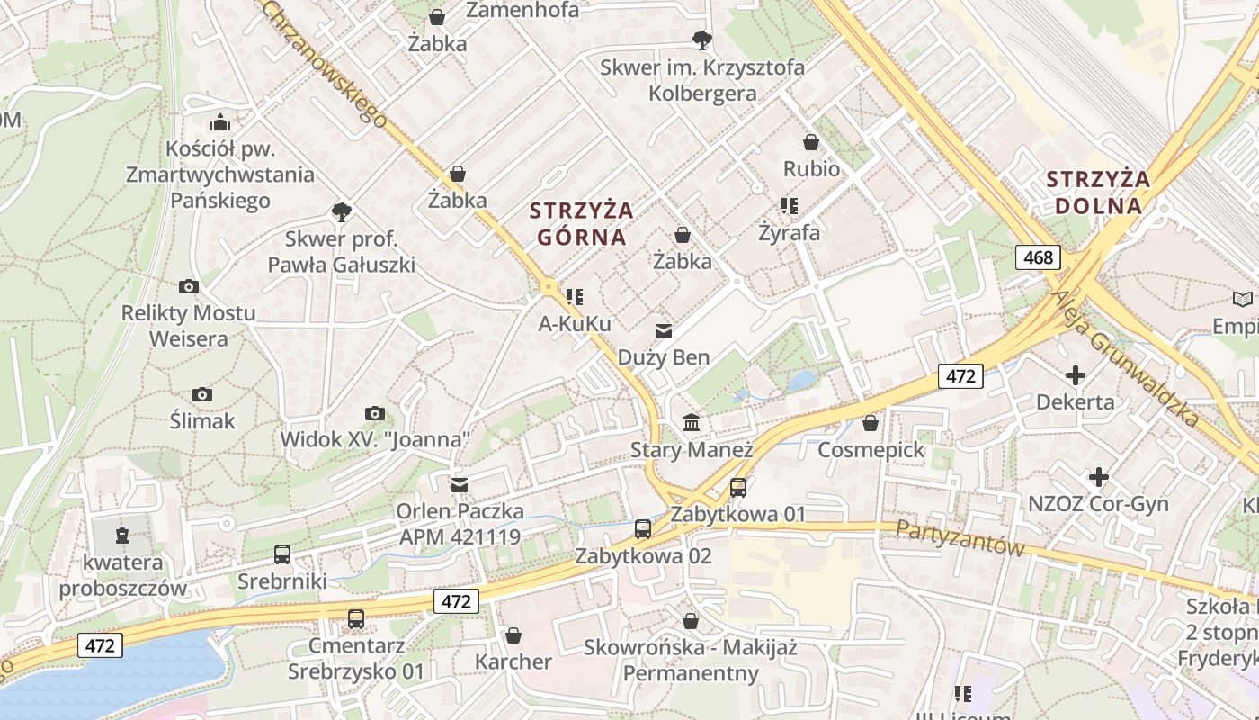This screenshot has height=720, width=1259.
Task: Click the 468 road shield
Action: point(1038,257)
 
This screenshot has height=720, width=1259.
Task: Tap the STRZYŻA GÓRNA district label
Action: point(581,224)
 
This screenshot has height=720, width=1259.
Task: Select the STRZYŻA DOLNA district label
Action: point(1098,192)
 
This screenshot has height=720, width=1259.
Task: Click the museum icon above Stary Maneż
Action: point(692,422)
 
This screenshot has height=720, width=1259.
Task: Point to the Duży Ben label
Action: point(664,357)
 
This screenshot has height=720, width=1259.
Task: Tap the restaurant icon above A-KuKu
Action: point(575,296)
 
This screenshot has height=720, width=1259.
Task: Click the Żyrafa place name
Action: point(789,233)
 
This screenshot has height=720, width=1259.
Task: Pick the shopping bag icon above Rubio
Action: point(811,142)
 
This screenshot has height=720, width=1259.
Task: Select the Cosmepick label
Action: point(871,450)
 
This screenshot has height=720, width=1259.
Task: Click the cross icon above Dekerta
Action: point(1076,375)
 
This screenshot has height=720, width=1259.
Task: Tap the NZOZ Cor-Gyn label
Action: point(1102,504)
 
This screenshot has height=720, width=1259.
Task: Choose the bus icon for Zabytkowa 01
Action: point(738,488)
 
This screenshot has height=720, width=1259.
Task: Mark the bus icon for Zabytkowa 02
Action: point(643,529)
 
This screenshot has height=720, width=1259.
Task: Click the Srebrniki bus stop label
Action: point(282,581)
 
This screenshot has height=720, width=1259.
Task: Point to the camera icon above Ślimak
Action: point(202,394)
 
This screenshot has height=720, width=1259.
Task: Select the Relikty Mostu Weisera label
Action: point(189,326)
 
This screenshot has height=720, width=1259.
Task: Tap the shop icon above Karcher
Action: point(513,635)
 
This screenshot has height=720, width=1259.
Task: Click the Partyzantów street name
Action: point(960,537)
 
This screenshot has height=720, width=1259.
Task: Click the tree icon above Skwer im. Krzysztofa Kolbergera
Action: point(701,40)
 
